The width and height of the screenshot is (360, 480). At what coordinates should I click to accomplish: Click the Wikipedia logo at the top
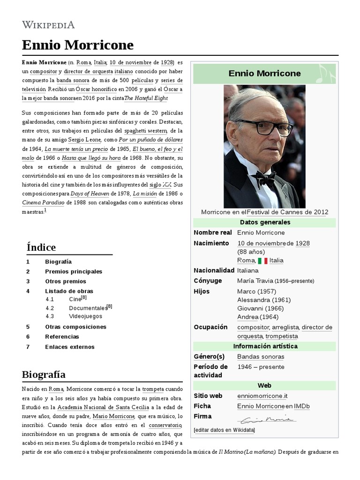(48, 25)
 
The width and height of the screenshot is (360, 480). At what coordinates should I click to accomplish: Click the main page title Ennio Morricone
(77, 45)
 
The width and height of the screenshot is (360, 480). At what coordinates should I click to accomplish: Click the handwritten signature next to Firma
(266, 418)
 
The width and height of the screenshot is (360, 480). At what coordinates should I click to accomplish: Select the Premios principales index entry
(74, 271)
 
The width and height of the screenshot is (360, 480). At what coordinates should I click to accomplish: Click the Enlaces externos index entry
(70, 347)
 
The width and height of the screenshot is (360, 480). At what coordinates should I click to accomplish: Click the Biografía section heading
(44, 374)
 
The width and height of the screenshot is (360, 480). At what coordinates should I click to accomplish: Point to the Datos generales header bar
(264, 222)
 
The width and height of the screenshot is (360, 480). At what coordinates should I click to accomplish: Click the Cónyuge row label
(208, 281)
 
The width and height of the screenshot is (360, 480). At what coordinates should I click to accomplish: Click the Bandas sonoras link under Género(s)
(261, 356)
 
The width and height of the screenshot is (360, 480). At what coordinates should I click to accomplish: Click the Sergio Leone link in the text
(85, 140)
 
